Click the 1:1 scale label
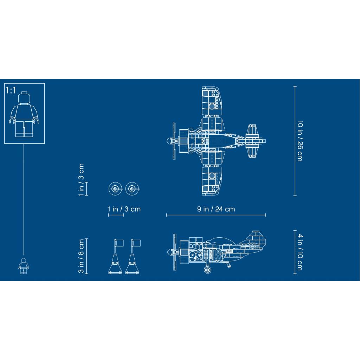click(x=11, y=90)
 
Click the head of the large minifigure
click(x=25, y=98)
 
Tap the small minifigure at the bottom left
click(x=24, y=266)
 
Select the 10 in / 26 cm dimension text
click(x=300, y=141)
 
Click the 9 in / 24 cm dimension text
click(x=216, y=209)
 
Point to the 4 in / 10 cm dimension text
click(x=300, y=252)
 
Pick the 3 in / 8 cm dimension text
click(x=81, y=256)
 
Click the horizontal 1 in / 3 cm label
click(x=124, y=209)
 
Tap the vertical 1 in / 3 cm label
click(x=81, y=180)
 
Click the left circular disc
click(x=115, y=189)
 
